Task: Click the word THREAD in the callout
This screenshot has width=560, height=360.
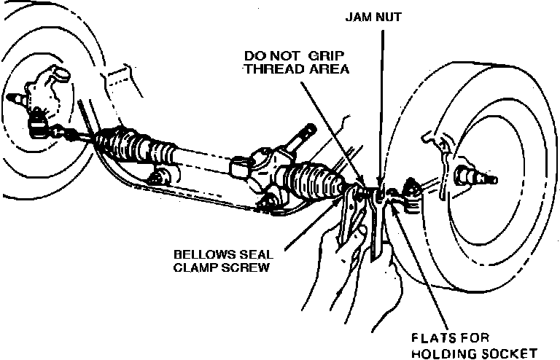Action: (x=273, y=70)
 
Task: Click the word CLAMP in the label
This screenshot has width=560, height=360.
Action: (x=194, y=267)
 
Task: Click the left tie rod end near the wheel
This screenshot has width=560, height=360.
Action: (x=40, y=128)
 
